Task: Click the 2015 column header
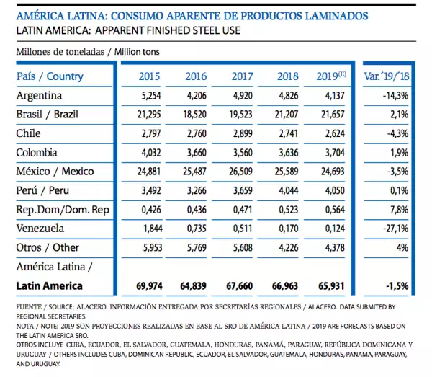[x=149, y=76]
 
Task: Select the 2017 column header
[x=242, y=76]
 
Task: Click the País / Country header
[x=50, y=76]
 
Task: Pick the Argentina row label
[x=40, y=95]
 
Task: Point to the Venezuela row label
[x=41, y=229]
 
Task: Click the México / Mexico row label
[x=55, y=172]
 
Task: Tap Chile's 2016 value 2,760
[x=195, y=133]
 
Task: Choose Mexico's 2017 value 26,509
[x=241, y=172]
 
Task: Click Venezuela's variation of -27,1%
[x=395, y=229]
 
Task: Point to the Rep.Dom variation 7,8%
[x=398, y=209]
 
